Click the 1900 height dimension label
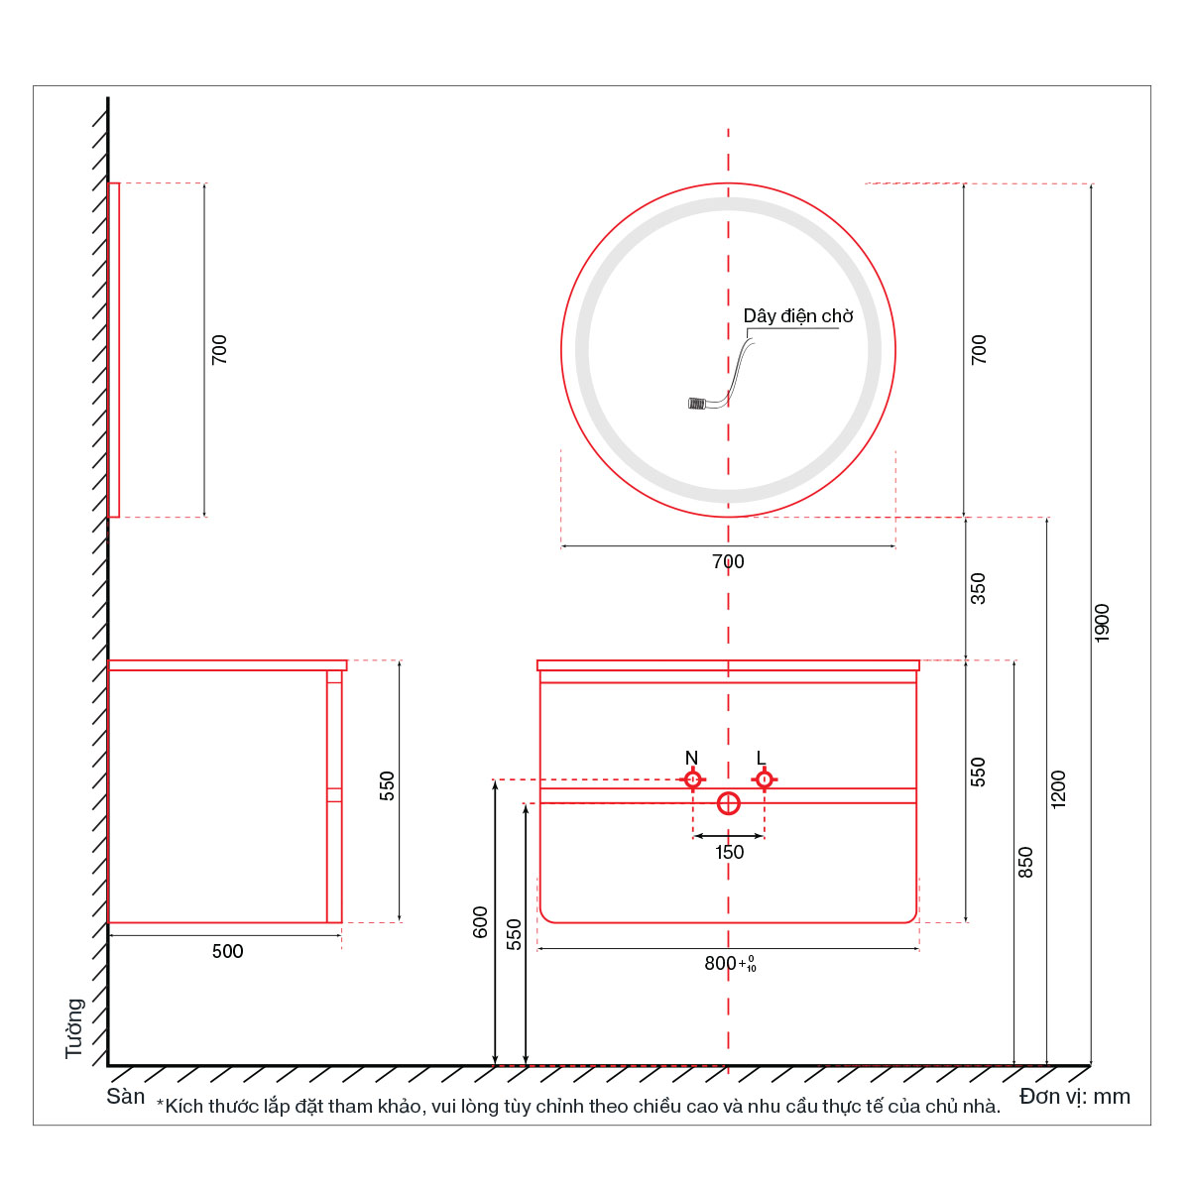coord(1102,623)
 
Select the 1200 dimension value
coord(1058,789)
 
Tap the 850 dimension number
coord(1024,862)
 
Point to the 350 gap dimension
coord(978,588)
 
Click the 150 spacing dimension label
coord(729,852)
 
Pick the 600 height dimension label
coord(480,922)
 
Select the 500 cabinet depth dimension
coord(227,951)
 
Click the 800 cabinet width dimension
coord(730,963)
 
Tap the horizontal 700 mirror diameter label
coord(728,561)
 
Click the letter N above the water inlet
coord(691,758)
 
